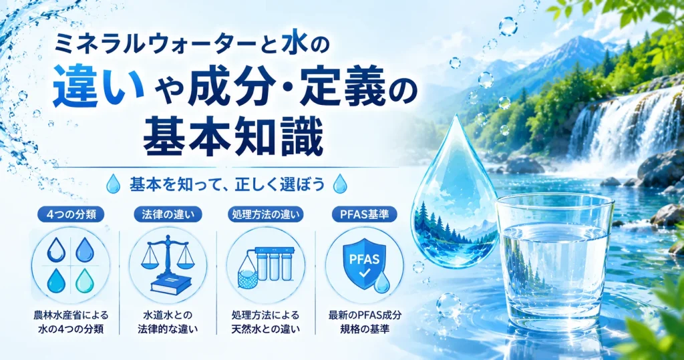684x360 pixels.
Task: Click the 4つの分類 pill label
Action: click(70, 214)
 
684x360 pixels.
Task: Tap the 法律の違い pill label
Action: click(168, 214)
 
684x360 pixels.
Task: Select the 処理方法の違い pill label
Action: click(266, 214)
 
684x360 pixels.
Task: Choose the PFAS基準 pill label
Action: click(364, 214)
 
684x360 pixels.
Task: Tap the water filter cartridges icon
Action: click(265, 266)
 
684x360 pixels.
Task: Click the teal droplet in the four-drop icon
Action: click(85, 281)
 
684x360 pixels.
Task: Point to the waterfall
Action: click(624, 126)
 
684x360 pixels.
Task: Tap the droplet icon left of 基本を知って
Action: click(114, 184)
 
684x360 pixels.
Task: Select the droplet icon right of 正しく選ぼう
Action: click(340, 184)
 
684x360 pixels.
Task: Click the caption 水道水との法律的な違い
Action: click(168, 322)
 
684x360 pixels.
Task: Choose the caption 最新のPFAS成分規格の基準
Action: click(365, 322)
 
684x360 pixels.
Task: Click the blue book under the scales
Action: click(170, 284)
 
